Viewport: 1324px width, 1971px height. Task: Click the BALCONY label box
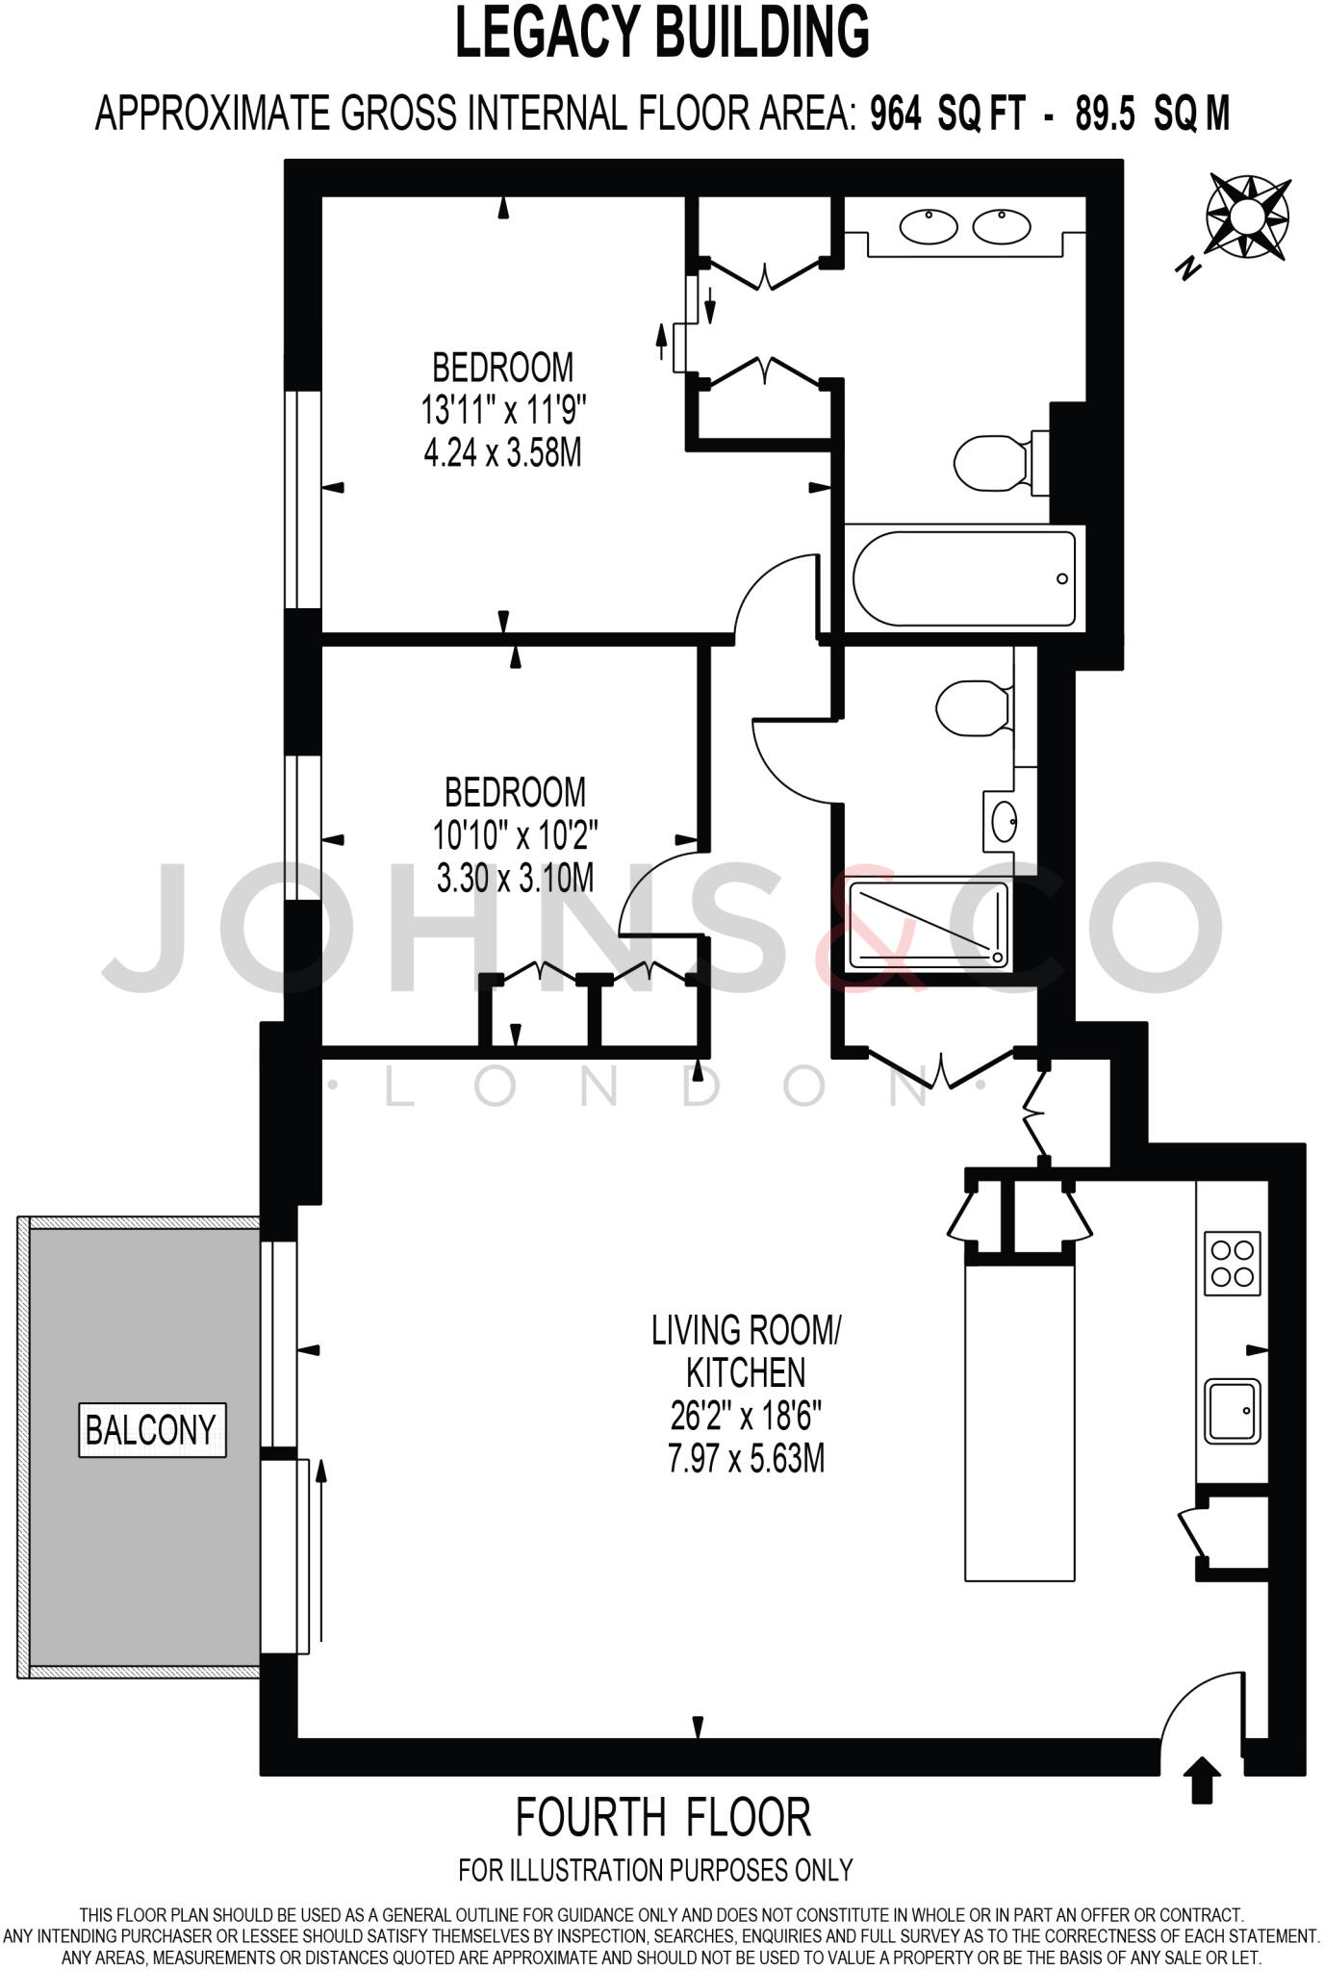click(x=152, y=1430)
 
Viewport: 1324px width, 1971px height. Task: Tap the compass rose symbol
click(x=1247, y=218)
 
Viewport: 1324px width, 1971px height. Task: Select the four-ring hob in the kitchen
click(x=1233, y=1264)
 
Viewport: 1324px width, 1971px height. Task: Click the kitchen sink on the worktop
click(x=1233, y=1412)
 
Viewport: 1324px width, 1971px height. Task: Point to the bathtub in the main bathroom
click(x=964, y=578)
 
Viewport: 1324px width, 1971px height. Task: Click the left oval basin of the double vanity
click(x=929, y=227)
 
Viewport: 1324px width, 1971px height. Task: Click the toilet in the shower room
click(x=972, y=708)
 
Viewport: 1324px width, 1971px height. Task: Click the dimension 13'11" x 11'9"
click(x=503, y=411)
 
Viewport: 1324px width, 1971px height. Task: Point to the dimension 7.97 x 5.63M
click(x=746, y=1459)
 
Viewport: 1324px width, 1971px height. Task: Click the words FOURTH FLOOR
click(x=663, y=1817)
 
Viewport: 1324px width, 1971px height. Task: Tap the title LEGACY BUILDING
click(x=662, y=32)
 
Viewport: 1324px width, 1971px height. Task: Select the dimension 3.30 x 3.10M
click(x=515, y=878)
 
